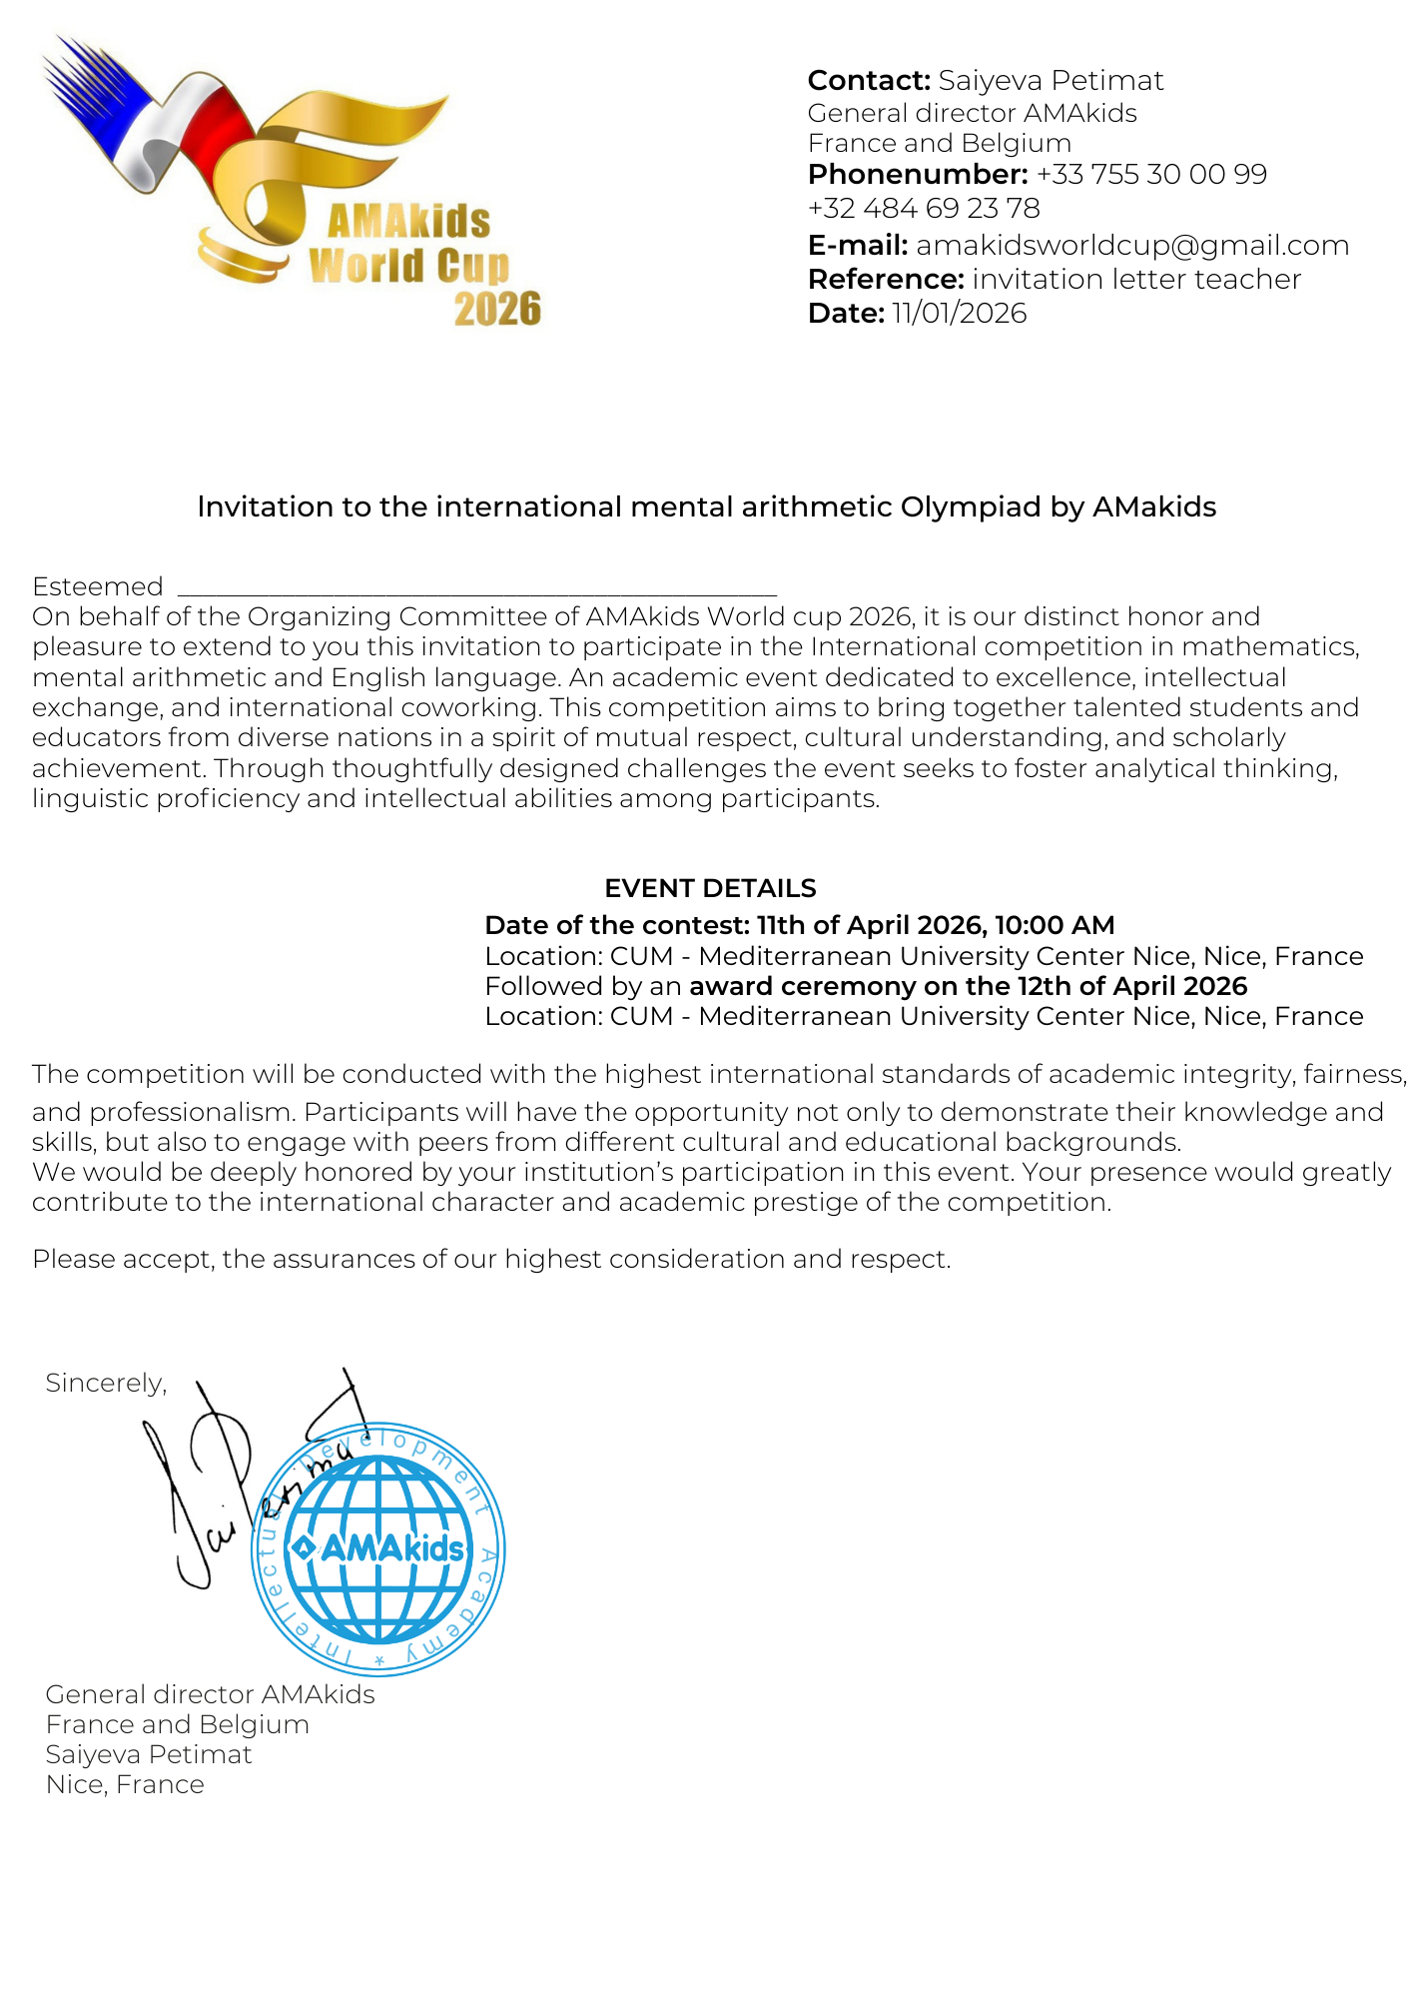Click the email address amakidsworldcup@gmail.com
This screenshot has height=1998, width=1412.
coord(1131,246)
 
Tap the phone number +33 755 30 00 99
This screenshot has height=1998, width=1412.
coord(1151,175)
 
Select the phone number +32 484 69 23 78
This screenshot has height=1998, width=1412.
coord(924,209)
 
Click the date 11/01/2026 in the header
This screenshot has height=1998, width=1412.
coord(959,314)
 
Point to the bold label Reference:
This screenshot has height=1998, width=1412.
coord(885,280)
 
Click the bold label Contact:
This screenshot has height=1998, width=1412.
coord(869,81)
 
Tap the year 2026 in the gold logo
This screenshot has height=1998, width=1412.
coord(497,310)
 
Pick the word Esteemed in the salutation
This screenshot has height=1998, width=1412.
coord(97,586)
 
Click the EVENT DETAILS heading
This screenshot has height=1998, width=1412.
coord(710,888)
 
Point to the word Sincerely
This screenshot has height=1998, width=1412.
coord(105,1383)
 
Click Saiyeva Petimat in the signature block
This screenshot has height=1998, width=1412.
coord(149,1755)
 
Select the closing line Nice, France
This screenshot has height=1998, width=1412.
coord(125,1785)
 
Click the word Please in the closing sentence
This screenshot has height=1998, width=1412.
coord(74,1260)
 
